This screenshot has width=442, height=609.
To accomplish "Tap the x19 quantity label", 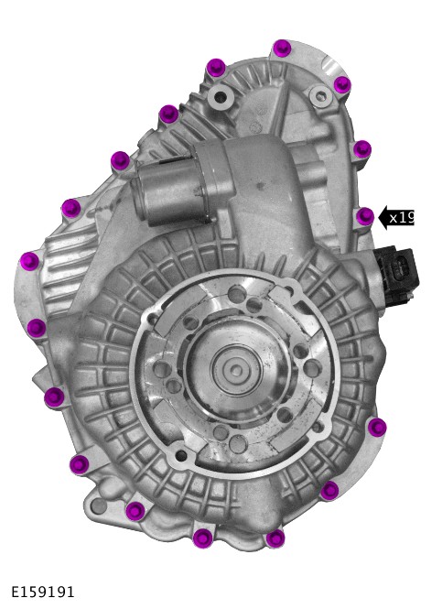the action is [402, 218].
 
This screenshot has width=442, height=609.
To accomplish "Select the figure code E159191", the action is [42, 592].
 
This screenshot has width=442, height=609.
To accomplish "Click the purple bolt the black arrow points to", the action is [365, 216].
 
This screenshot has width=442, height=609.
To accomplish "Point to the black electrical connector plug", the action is [396, 272].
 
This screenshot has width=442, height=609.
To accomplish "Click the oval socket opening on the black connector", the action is [399, 268].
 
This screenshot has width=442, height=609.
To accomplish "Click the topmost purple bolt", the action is [282, 49].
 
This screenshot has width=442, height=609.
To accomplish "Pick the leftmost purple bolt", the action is [30, 261].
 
